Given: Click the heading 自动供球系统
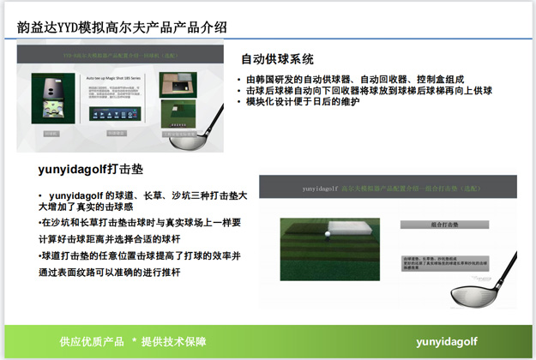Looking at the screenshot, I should pos(277,60).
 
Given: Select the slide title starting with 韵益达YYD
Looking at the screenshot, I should pos(122,27).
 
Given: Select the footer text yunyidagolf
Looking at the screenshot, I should pos(447,341).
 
